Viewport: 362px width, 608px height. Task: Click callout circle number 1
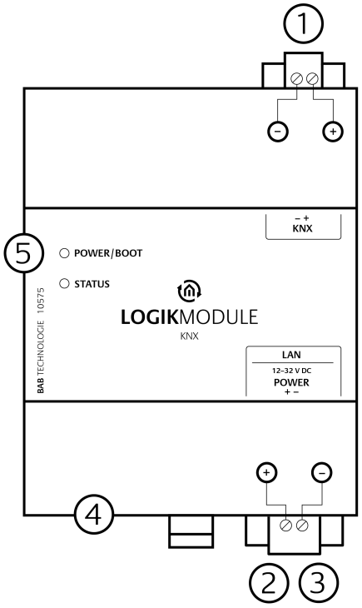click(303, 23)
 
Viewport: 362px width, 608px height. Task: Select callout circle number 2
click(269, 582)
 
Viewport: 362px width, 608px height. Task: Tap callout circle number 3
click(318, 582)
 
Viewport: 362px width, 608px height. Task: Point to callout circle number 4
click(93, 514)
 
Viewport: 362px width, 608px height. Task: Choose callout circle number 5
click(24, 253)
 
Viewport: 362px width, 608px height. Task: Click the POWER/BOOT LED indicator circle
click(64, 253)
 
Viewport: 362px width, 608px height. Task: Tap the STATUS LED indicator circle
click(64, 283)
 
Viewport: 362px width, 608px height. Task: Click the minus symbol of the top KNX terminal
click(278, 132)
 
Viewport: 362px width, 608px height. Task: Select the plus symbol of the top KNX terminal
click(333, 132)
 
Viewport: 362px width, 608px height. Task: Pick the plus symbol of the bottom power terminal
click(266, 473)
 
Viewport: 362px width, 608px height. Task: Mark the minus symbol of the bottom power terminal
click(322, 473)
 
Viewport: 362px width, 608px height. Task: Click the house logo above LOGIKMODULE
click(190, 291)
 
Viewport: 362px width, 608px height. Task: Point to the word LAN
click(291, 355)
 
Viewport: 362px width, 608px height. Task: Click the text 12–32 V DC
click(291, 371)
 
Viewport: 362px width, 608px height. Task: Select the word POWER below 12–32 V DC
click(291, 382)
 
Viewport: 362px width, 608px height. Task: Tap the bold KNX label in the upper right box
click(302, 228)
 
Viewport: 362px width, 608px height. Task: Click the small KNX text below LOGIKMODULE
click(190, 336)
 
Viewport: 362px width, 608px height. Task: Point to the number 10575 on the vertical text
click(40, 301)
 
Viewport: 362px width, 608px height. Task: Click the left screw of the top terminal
click(296, 79)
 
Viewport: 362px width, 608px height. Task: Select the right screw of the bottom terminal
click(302, 526)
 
